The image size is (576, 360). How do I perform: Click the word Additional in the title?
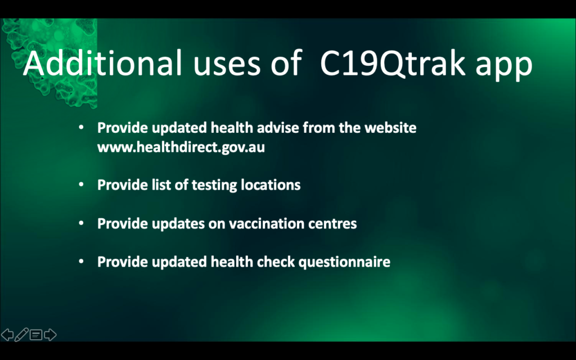click(102, 62)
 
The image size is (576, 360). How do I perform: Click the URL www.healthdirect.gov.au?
click(181, 147)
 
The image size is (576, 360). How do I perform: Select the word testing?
click(214, 184)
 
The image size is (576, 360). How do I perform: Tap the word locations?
click(271, 184)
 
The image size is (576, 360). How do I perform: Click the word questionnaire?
click(344, 262)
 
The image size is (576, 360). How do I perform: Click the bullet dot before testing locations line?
click(81, 184)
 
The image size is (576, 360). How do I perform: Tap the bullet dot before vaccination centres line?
click(81, 223)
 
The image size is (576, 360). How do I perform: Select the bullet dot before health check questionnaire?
click(81, 262)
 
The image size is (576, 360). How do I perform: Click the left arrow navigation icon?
click(7, 335)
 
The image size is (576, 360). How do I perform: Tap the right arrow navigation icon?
click(50, 335)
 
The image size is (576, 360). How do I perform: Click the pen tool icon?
click(21, 335)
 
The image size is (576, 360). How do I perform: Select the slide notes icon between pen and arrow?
click(36, 335)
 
